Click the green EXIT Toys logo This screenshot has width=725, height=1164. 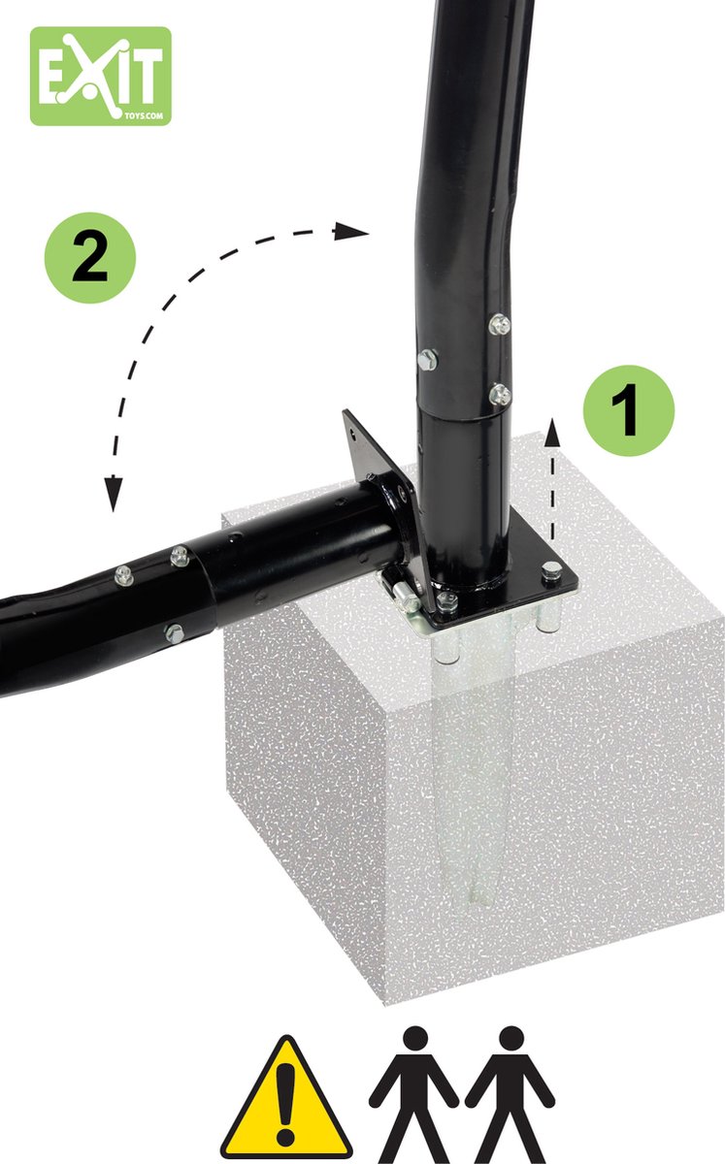(x=100, y=76)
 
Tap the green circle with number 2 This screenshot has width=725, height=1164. (x=90, y=258)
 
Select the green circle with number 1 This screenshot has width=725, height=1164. (x=629, y=410)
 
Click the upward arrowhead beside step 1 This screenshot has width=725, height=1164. (x=552, y=434)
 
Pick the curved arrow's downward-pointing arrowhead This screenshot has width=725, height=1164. (x=114, y=494)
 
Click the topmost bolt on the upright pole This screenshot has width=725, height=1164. (x=499, y=325)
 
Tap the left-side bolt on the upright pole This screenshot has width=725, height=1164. (x=427, y=360)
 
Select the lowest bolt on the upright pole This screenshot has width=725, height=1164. (x=499, y=395)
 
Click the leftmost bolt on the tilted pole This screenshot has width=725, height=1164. (x=123, y=575)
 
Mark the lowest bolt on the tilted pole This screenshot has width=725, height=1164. (x=174, y=633)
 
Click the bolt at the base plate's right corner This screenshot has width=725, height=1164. (x=550, y=572)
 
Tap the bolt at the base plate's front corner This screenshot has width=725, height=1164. (x=446, y=601)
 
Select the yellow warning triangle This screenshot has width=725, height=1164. (x=285, y=1100)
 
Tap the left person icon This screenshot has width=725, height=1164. (x=414, y=1094)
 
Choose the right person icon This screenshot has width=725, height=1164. (x=510, y=1094)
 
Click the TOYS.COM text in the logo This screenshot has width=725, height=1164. (x=144, y=115)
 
